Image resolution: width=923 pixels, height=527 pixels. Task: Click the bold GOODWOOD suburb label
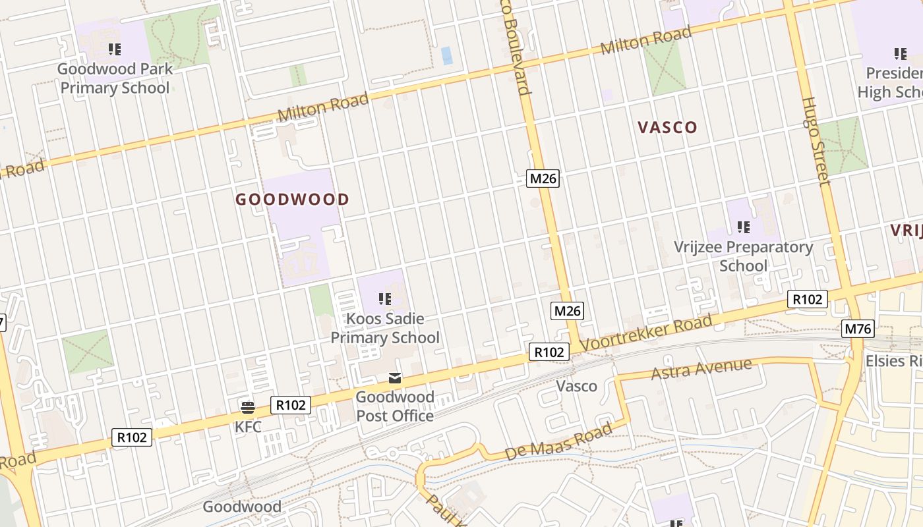click(x=292, y=199)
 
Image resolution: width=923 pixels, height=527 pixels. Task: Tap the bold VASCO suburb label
click(x=667, y=127)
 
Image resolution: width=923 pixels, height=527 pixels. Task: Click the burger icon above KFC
click(x=248, y=406)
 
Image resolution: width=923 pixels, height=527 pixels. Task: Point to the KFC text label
click(x=248, y=427)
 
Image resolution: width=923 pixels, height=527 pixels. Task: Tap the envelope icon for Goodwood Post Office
click(x=394, y=378)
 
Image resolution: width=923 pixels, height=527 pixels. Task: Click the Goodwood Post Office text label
click(x=395, y=406)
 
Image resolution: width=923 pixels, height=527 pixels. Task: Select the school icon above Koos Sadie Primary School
click(x=385, y=299)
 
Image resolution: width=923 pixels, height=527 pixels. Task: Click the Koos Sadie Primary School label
click(x=385, y=328)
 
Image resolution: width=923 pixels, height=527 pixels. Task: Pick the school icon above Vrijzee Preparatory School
click(x=744, y=227)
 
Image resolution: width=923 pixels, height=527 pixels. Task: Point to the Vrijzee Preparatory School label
click(x=743, y=256)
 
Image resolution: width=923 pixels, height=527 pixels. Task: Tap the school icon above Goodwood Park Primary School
click(x=115, y=49)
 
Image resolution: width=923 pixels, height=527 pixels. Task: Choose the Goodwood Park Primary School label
click(x=115, y=78)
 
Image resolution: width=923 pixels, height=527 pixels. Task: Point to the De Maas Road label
click(x=558, y=442)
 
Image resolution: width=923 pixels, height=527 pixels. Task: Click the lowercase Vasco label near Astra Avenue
click(x=577, y=386)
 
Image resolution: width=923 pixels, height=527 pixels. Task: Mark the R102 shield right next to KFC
click(x=291, y=405)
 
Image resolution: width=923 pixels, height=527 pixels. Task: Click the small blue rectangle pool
click(x=447, y=55)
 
